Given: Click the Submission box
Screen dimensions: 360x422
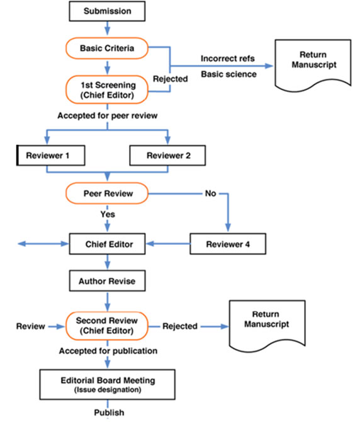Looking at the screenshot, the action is (107, 11).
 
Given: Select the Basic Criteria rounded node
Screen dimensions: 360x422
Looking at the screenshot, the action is (107, 48).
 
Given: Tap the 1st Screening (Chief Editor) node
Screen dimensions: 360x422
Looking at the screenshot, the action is (107, 89).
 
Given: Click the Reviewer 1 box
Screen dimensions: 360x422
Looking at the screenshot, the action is (51, 156).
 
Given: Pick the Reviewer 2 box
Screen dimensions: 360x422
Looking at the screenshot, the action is (167, 156).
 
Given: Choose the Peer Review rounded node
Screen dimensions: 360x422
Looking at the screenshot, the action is (107, 193).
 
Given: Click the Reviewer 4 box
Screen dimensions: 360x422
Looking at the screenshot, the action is (228, 244).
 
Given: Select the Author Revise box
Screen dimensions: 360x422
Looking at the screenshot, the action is (107, 281).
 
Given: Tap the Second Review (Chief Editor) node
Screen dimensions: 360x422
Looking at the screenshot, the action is (107, 326).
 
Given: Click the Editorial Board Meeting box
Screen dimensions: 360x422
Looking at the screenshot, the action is (108, 384).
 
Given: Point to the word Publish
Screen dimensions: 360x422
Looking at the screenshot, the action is (109, 413).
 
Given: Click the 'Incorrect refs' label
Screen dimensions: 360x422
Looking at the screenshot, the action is (228, 59).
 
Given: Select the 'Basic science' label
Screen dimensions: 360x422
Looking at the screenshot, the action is (229, 74).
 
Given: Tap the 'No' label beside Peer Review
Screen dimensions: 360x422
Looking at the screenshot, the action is (210, 193).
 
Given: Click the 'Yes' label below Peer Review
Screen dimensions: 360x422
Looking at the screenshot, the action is (108, 214).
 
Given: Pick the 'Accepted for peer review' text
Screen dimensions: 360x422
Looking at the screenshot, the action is (108, 115).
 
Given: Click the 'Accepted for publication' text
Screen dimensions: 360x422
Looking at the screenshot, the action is (108, 351).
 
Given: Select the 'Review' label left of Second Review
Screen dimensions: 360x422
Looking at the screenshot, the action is (31, 326).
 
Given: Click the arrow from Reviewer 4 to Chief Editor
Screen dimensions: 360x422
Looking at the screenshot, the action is (168, 244).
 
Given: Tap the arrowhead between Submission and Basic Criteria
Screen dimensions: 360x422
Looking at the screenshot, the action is (107, 31).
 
